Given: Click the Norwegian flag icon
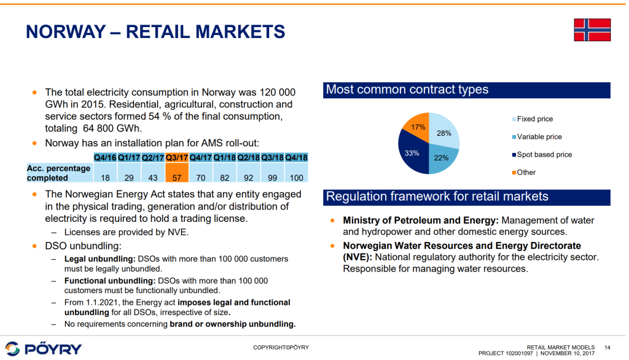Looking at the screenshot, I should coord(592,29).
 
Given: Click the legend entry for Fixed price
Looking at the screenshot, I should coord(534,119).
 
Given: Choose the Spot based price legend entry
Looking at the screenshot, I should coord(544,154).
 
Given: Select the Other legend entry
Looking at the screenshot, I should coord(526,172).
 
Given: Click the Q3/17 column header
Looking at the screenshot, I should coord(177,157).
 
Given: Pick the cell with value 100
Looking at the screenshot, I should coord(296,178).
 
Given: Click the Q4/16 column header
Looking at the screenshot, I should coord(105,157).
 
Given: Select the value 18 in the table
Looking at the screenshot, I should coord(105,178).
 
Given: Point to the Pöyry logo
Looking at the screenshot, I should coord(43,348).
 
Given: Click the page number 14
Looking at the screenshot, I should coord(607,347).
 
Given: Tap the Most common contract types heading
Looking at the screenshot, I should coord(407,90).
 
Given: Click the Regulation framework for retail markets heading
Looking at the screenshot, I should coord(437,197).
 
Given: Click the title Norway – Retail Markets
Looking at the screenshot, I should coord(155,31).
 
